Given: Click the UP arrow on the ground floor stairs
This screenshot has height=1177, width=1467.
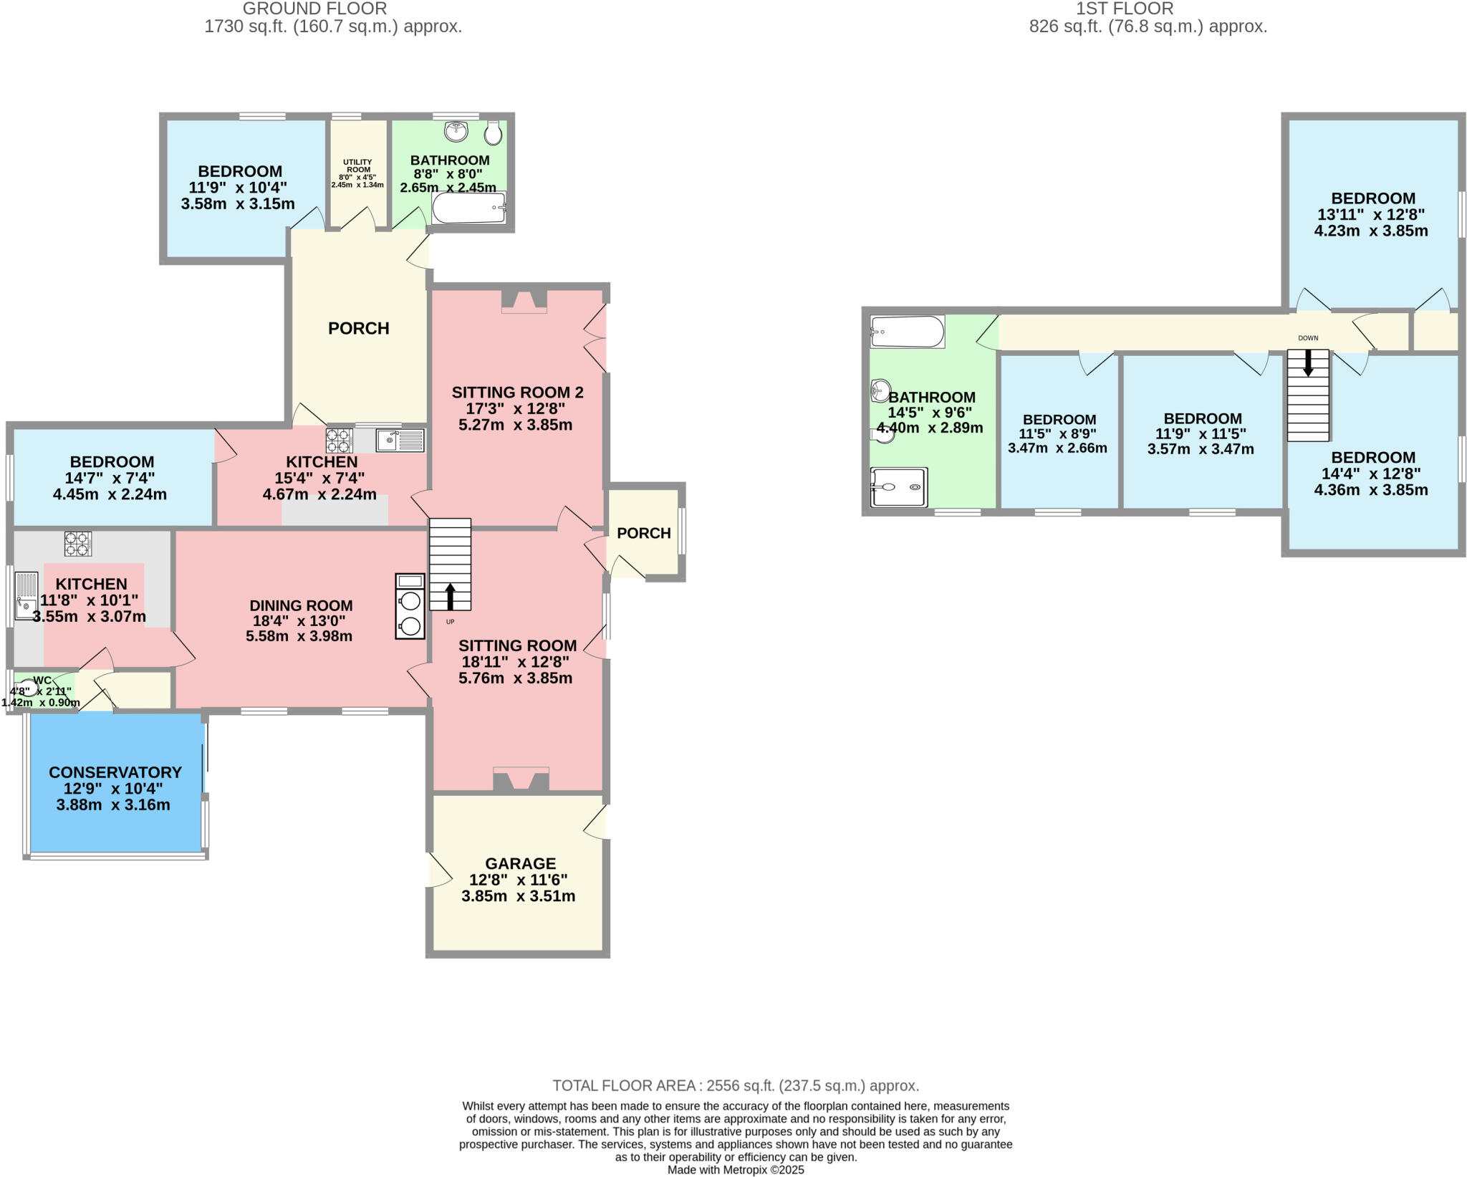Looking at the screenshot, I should coord(450,595).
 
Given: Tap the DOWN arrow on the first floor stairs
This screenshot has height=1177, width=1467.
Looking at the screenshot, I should coord(1308,362).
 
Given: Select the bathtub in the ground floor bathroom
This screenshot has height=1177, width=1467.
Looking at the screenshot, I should coord(468,208).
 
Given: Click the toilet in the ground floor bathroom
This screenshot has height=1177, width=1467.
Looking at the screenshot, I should coord(493,133).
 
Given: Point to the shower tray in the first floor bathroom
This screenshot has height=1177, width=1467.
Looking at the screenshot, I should coord(899,487).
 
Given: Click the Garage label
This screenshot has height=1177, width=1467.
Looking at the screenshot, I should coord(520,863).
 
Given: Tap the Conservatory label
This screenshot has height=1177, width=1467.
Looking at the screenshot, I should coord(115,772).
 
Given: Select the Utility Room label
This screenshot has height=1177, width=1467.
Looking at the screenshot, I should coord(357,166).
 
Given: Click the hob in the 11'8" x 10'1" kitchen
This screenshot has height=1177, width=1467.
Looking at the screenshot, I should coord(78,543).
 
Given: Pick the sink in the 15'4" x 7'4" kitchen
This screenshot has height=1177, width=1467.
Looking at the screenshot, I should coord(400,440).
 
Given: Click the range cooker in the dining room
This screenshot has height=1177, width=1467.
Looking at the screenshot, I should coord(410,606).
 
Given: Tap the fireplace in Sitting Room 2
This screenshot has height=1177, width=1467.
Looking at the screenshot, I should coord(524,301).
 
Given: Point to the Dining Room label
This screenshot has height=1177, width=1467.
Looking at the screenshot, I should coord(301,605).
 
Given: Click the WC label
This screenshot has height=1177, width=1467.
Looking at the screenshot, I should coord(42,680).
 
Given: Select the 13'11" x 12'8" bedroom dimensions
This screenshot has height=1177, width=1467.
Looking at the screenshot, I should coord(1371,214).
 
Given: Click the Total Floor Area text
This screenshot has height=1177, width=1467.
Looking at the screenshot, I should coord(735,1085).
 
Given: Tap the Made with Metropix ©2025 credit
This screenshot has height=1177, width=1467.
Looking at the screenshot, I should coord(736,1170).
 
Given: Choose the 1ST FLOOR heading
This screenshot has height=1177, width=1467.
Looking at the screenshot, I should coord(1124,9).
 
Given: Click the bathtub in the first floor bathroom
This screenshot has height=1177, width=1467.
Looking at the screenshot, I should coord(907,332).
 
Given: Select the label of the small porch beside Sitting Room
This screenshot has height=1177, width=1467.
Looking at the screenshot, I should coord(643,533).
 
